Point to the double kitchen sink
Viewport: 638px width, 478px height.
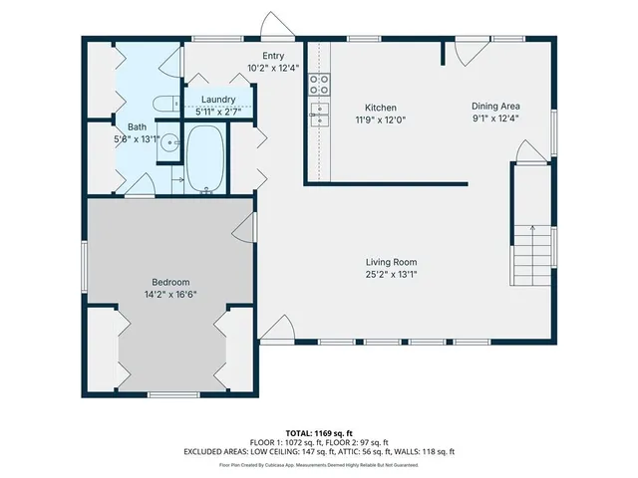pyautogui.click(x=319, y=112)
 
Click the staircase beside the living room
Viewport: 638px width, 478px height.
pyautogui.click(x=534, y=249)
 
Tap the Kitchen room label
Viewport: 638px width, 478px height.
pyautogui.click(x=380, y=108)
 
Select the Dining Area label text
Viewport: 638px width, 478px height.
pyautogui.click(x=495, y=107)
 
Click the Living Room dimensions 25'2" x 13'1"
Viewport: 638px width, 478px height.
pyautogui.click(x=390, y=274)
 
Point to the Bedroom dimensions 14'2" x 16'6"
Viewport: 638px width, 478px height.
pyautogui.click(x=170, y=295)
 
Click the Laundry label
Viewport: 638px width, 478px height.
pyautogui.click(x=217, y=100)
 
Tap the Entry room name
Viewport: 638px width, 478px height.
pyautogui.click(x=274, y=57)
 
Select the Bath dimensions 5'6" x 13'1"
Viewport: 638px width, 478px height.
pyautogui.click(x=137, y=139)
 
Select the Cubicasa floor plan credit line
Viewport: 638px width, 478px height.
pyautogui.click(x=318, y=465)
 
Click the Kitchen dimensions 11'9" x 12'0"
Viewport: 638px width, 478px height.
pyautogui.click(x=380, y=119)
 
